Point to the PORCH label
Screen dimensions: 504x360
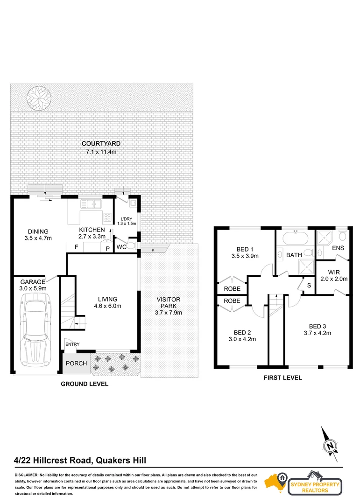pos(76,364)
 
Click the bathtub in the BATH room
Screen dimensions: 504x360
pos(295,238)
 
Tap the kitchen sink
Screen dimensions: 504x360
pos(91,204)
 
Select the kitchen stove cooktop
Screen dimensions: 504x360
pos(107,217)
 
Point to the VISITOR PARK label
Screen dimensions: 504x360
pos(168,303)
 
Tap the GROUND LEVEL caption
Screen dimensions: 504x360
pos(85,384)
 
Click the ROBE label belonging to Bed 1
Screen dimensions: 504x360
pos(232,289)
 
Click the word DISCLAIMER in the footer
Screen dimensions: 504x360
pos(28,475)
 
